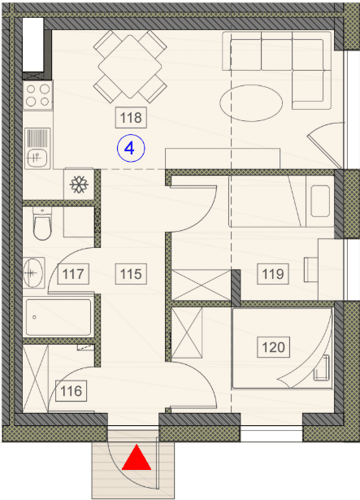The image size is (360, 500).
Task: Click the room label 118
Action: [x=131, y=118]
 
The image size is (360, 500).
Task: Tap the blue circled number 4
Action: [x=131, y=148]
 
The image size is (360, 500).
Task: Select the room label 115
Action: [x=131, y=274]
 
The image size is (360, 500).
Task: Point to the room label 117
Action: [x=73, y=274]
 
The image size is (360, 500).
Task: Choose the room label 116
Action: [x=72, y=391]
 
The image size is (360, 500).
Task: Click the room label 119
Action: [x=273, y=274]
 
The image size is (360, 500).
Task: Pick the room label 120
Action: [x=273, y=347]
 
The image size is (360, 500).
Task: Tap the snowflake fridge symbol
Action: [x=79, y=185]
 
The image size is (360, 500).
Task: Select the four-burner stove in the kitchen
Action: [x=38, y=95]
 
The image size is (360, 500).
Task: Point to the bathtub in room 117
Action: [x=59, y=317]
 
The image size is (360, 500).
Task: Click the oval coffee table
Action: [x=251, y=103]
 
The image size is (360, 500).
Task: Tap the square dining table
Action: [x=130, y=67]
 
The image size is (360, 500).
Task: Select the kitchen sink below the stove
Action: [x=37, y=148]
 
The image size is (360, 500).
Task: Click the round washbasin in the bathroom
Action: [x=33, y=273]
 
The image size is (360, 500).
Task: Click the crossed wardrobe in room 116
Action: [x=36, y=378]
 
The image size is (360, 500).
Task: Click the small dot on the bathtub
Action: [x=34, y=317]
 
